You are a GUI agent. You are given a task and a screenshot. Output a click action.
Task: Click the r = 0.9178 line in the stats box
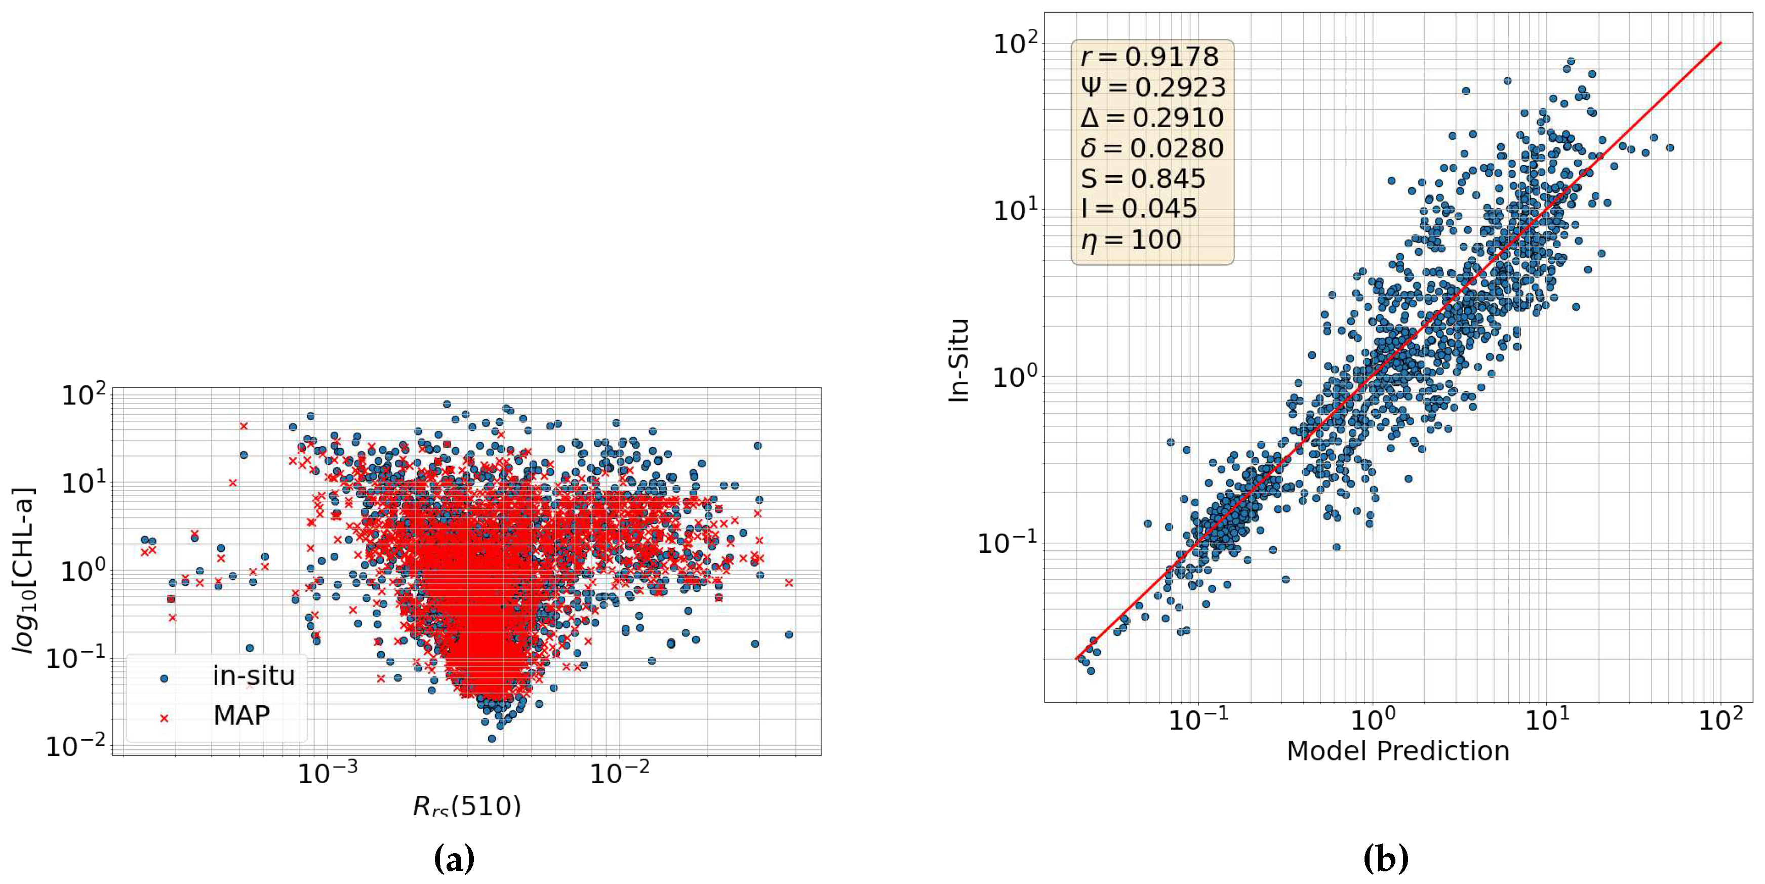(x=1150, y=57)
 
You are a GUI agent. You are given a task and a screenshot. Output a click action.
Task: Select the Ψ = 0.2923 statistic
(x=1153, y=87)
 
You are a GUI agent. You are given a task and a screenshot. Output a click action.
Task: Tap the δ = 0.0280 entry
(x=1152, y=148)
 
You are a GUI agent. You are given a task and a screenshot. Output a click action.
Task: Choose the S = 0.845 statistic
(x=1143, y=179)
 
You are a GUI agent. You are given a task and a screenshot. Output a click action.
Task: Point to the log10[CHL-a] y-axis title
(x=25, y=570)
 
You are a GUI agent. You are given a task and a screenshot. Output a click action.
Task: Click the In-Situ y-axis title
(x=959, y=360)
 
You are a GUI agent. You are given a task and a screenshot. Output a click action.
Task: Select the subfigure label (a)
(x=454, y=858)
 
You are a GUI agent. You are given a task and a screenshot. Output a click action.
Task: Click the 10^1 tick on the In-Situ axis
(x=1016, y=210)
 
